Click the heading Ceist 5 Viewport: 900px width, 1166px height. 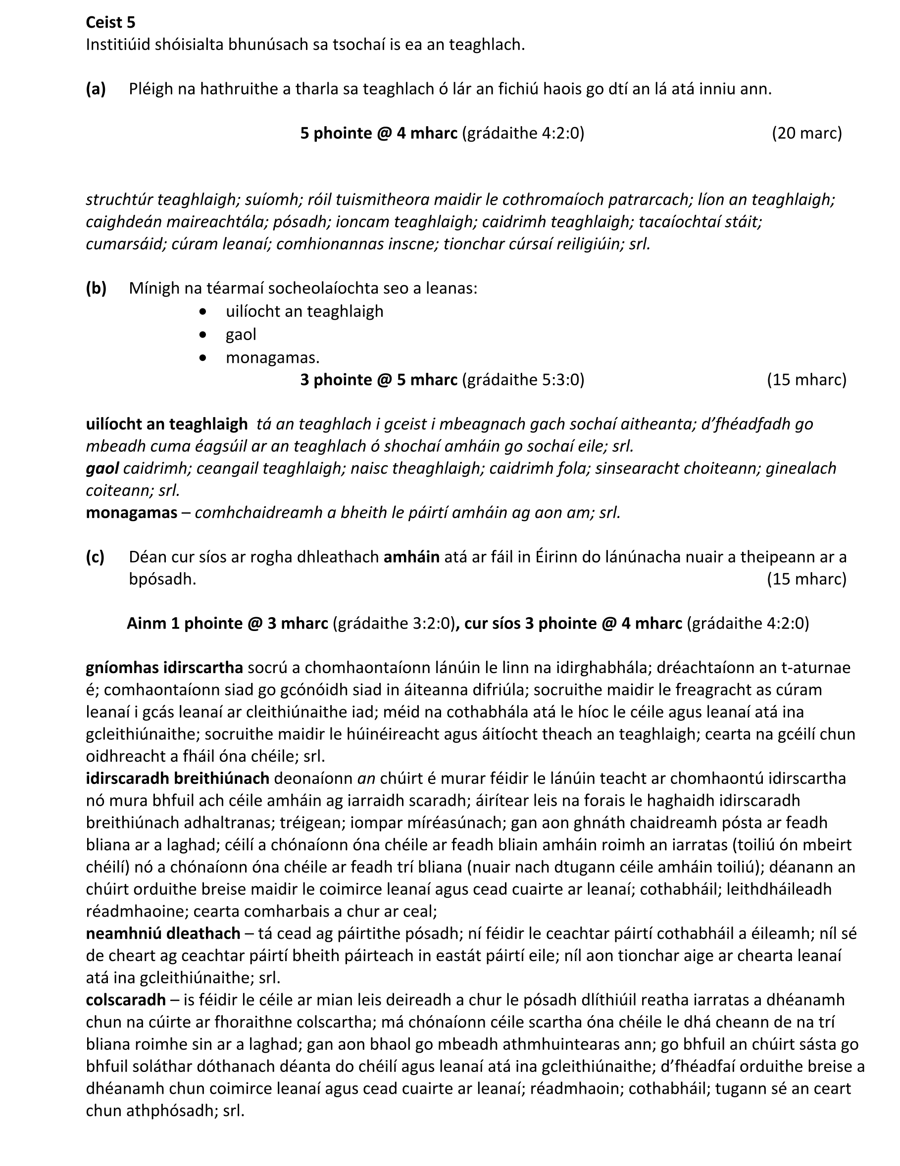click(x=110, y=22)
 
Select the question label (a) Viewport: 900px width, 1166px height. click(x=96, y=89)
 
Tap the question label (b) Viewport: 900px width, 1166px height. click(x=96, y=289)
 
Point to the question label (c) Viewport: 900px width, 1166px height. click(x=95, y=557)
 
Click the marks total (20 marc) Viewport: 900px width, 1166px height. click(x=806, y=133)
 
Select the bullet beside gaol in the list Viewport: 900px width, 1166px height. click(x=202, y=335)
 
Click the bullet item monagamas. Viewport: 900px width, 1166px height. click(x=272, y=357)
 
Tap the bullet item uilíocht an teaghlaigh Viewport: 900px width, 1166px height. click(x=304, y=311)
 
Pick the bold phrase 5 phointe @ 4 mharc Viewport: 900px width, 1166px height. click(x=379, y=133)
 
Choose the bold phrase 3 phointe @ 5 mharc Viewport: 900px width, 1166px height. click(x=379, y=380)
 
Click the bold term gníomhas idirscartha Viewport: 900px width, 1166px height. click(x=164, y=667)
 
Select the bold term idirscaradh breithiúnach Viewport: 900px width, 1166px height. click(x=178, y=778)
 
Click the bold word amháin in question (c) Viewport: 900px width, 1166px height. click(x=411, y=557)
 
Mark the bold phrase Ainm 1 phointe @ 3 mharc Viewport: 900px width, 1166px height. click(x=228, y=623)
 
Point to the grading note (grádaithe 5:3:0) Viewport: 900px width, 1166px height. click(x=523, y=380)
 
